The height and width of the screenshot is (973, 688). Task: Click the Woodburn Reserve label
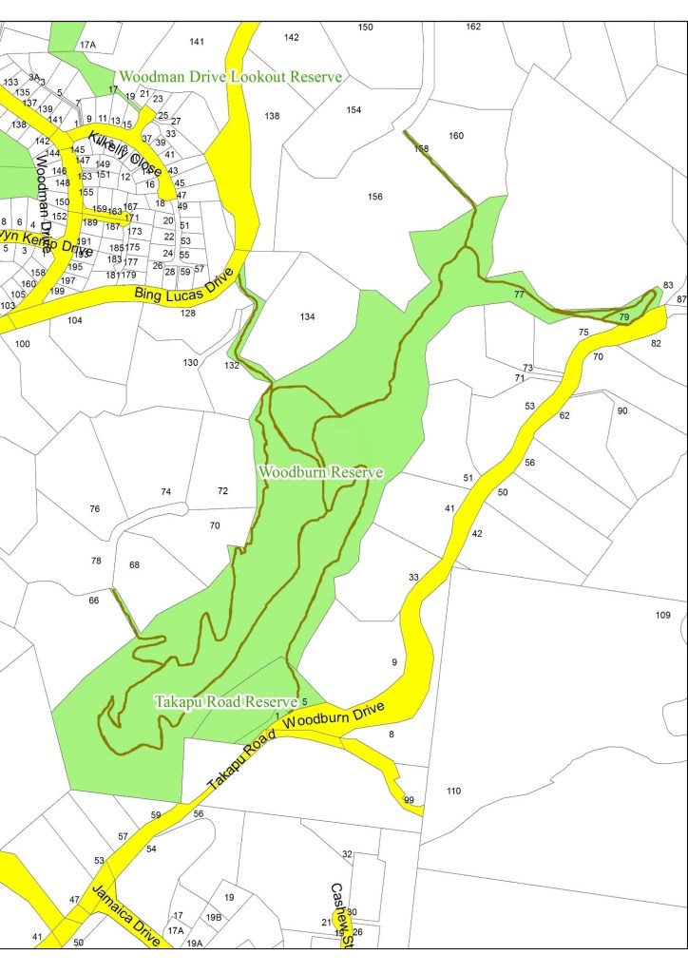pos(320,472)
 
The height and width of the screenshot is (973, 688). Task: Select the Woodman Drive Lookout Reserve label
pos(229,77)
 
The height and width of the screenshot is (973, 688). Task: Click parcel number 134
pos(306,316)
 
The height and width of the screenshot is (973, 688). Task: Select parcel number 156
pos(374,197)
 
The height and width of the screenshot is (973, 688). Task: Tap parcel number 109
pos(662,615)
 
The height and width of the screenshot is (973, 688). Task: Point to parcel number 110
pos(452,791)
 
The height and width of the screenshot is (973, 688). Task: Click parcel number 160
pos(456,136)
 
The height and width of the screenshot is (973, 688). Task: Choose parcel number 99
pos(409,800)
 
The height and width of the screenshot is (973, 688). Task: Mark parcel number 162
pos(473,27)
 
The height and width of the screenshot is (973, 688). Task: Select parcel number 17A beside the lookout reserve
pos(87,45)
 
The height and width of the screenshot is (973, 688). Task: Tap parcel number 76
pos(94,509)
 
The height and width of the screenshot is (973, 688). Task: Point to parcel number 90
pos(621,410)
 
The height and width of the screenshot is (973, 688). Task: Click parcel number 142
pos(291,37)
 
